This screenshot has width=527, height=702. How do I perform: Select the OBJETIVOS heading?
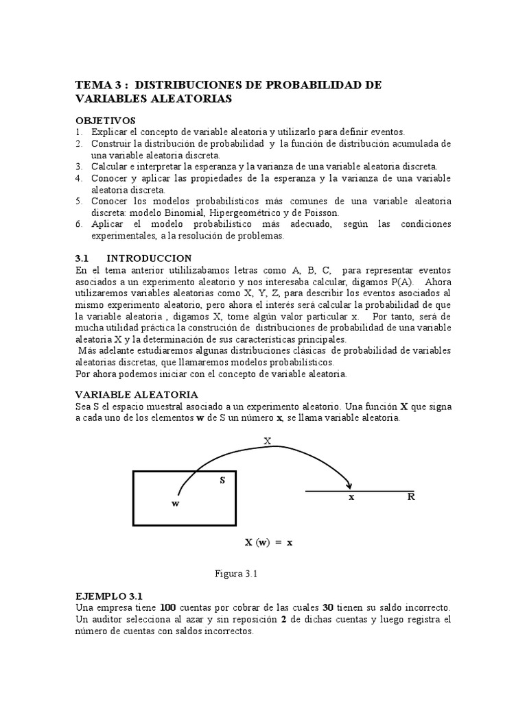pos(106,120)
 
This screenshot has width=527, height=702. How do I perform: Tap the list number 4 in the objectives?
pos(79,178)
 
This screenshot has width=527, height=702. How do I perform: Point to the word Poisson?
pos(319,213)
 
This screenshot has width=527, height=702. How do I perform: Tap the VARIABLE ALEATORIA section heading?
pos(136,395)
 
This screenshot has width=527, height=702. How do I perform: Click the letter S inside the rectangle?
pos(222,480)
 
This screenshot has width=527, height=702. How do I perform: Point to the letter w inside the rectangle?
pos(175,503)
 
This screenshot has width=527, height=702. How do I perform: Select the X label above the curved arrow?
pos(267,441)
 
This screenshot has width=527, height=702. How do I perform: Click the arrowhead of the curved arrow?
pos(350,486)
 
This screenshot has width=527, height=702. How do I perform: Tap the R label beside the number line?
pos(411,497)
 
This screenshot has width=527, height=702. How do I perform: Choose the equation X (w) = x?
pos(269,542)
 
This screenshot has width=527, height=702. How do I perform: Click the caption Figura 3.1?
pos(236,574)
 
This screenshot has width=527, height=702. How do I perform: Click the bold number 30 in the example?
pos(330,608)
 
